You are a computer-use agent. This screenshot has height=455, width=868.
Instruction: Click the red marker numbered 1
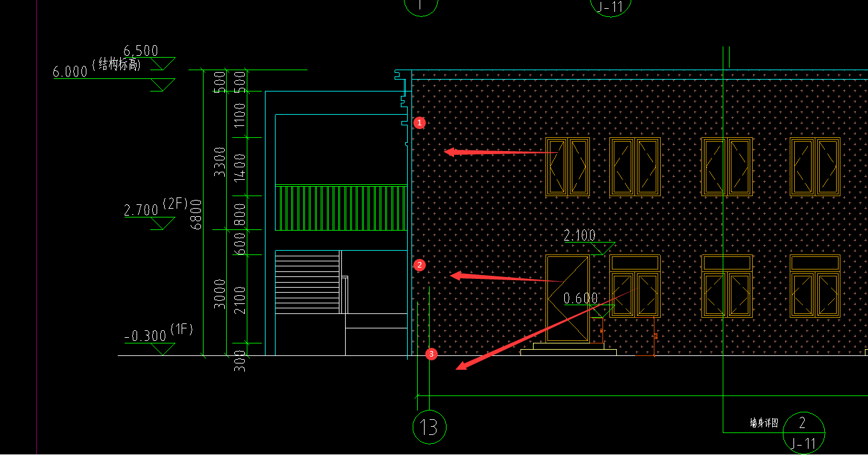[x=420, y=123]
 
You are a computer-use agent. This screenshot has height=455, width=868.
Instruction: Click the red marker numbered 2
[x=420, y=265]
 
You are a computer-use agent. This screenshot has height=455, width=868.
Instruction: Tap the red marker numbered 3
[x=431, y=354]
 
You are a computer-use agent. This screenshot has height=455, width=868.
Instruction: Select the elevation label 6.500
[x=141, y=51]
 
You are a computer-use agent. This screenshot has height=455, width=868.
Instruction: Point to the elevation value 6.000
[x=70, y=72]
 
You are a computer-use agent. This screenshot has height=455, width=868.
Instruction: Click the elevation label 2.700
[x=141, y=211]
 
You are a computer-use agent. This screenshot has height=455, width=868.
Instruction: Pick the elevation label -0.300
[x=145, y=337]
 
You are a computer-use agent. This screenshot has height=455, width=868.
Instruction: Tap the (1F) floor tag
[x=182, y=328]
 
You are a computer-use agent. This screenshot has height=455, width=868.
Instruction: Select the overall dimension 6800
[x=197, y=214]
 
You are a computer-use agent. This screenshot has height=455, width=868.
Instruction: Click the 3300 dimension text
[x=220, y=161]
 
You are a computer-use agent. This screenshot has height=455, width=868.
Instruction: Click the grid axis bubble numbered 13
[x=430, y=427]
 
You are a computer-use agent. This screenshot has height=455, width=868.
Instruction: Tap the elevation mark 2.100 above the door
[x=580, y=236]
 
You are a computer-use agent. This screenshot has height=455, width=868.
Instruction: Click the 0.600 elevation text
[x=581, y=299]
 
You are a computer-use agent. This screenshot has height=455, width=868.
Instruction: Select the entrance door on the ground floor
[x=567, y=298]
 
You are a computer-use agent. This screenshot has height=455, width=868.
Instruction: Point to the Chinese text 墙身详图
[x=764, y=424]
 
